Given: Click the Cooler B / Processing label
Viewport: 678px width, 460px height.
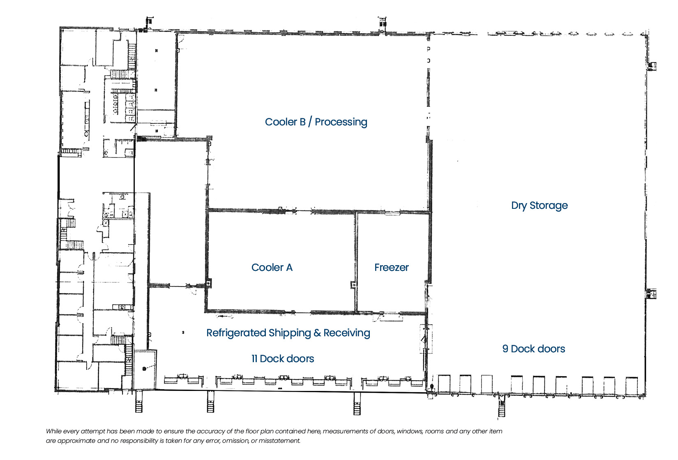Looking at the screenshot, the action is pyautogui.click(x=316, y=122).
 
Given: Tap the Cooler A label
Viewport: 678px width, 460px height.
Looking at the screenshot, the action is pyautogui.click(x=272, y=267).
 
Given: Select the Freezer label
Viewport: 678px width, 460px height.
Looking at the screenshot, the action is pyautogui.click(x=391, y=267).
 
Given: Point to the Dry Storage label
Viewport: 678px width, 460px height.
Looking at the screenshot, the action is pyautogui.click(x=540, y=206).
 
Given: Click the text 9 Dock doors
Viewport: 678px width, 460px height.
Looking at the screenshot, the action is pyautogui.click(x=534, y=349).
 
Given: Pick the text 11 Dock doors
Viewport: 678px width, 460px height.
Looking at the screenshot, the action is pyautogui.click(x=283, y=359).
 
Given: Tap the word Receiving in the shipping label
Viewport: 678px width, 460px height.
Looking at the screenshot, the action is pyautogui.click(x=347, y=333).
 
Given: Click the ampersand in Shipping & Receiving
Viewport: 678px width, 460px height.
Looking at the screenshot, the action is pyautogui.click(x=317, y=333).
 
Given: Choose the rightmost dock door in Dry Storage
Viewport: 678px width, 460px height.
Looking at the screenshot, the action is pyautogui.click(x=632, y=386).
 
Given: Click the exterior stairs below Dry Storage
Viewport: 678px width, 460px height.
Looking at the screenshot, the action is pyautogui.click(x=502, y=406).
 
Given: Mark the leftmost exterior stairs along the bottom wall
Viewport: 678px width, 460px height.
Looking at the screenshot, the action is pyautogui.click(x=138, y=402).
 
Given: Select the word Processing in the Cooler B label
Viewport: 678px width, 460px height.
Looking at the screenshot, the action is pyautogui.click(x=341, y=122).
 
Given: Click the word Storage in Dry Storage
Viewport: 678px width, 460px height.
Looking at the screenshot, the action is pyautogui.click(x=549, y=206).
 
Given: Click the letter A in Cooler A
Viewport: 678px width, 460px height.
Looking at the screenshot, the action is pyautogui.click(x=289, y=267).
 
